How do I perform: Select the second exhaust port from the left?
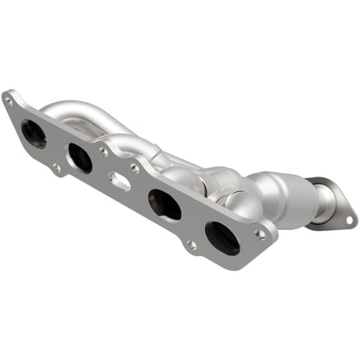click(x=80, y=157)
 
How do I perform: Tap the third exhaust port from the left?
click(x=164, y=205)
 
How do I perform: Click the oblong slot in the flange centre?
click(x=119, y=180)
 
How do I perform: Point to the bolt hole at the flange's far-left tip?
click(x=10, y=100)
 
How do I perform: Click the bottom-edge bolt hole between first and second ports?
click(x=55, y=167)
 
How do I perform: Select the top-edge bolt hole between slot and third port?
click(x=134, y=168)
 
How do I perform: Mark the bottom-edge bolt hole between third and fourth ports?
click(x=191, y=245)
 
